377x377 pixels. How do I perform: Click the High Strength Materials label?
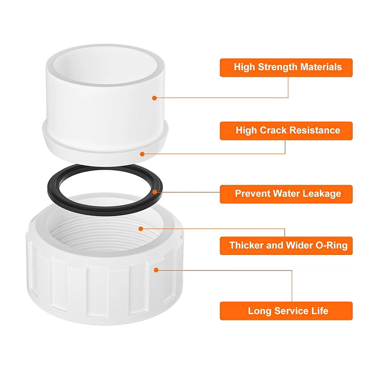(x=286, y=67)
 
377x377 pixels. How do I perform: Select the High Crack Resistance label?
(x=286, y=131)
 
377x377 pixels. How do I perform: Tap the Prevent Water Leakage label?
(x=286, y=194)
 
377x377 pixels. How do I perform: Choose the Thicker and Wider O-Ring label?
(x=286, y=246)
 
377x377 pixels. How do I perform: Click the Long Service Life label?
(x=286, y=311)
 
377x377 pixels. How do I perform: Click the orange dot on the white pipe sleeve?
(x=154, y=98)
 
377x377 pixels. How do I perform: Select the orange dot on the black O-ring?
(x=156, y=192)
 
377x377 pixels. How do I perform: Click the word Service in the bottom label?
(x=290, y=311)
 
